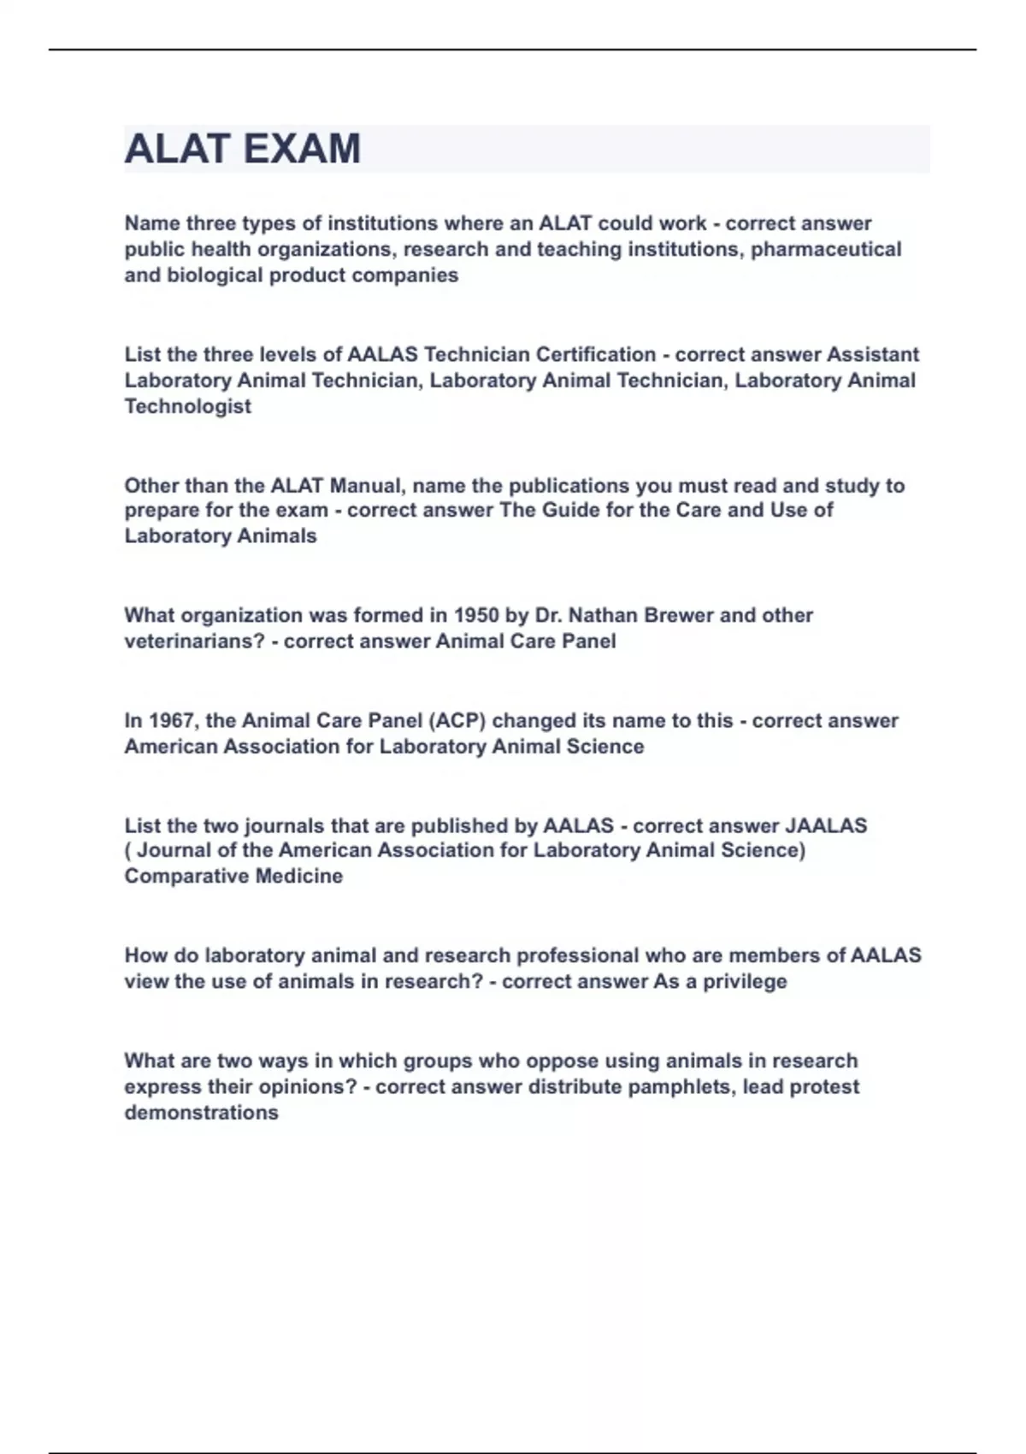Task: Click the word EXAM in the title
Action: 302,149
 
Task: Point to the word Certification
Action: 596,354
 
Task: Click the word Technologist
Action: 188,406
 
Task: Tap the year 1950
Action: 476,615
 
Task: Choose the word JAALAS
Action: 826,825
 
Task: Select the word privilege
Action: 745,981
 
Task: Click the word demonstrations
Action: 202,1113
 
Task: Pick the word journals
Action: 290,825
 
